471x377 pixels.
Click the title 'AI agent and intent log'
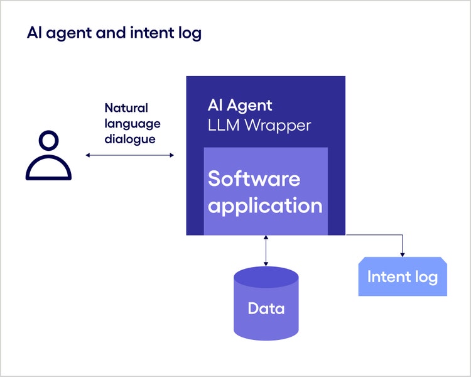tap(114, 33)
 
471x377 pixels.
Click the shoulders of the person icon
tap(48, 168)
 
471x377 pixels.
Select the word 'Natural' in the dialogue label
tap(126, 108)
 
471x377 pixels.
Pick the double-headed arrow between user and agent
tap(129, 155)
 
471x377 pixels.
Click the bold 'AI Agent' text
tap(240, 106)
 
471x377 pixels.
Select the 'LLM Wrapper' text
tap(259, 125)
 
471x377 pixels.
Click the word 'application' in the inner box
tap(265, 205)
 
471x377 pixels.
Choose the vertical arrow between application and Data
tap(266, 251)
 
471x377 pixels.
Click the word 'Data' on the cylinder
tap(266, 309)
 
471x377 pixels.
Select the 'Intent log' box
tap(403, 277)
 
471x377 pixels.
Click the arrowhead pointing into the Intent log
tap(403, 254)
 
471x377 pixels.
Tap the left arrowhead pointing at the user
tap(88, 155)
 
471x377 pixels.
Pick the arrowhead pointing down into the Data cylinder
tap(266, 263)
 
